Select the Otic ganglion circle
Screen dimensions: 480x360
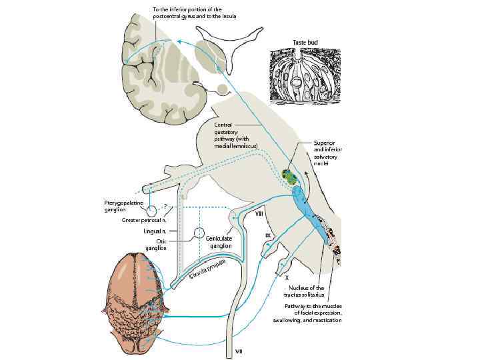(x=198, y=233)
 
